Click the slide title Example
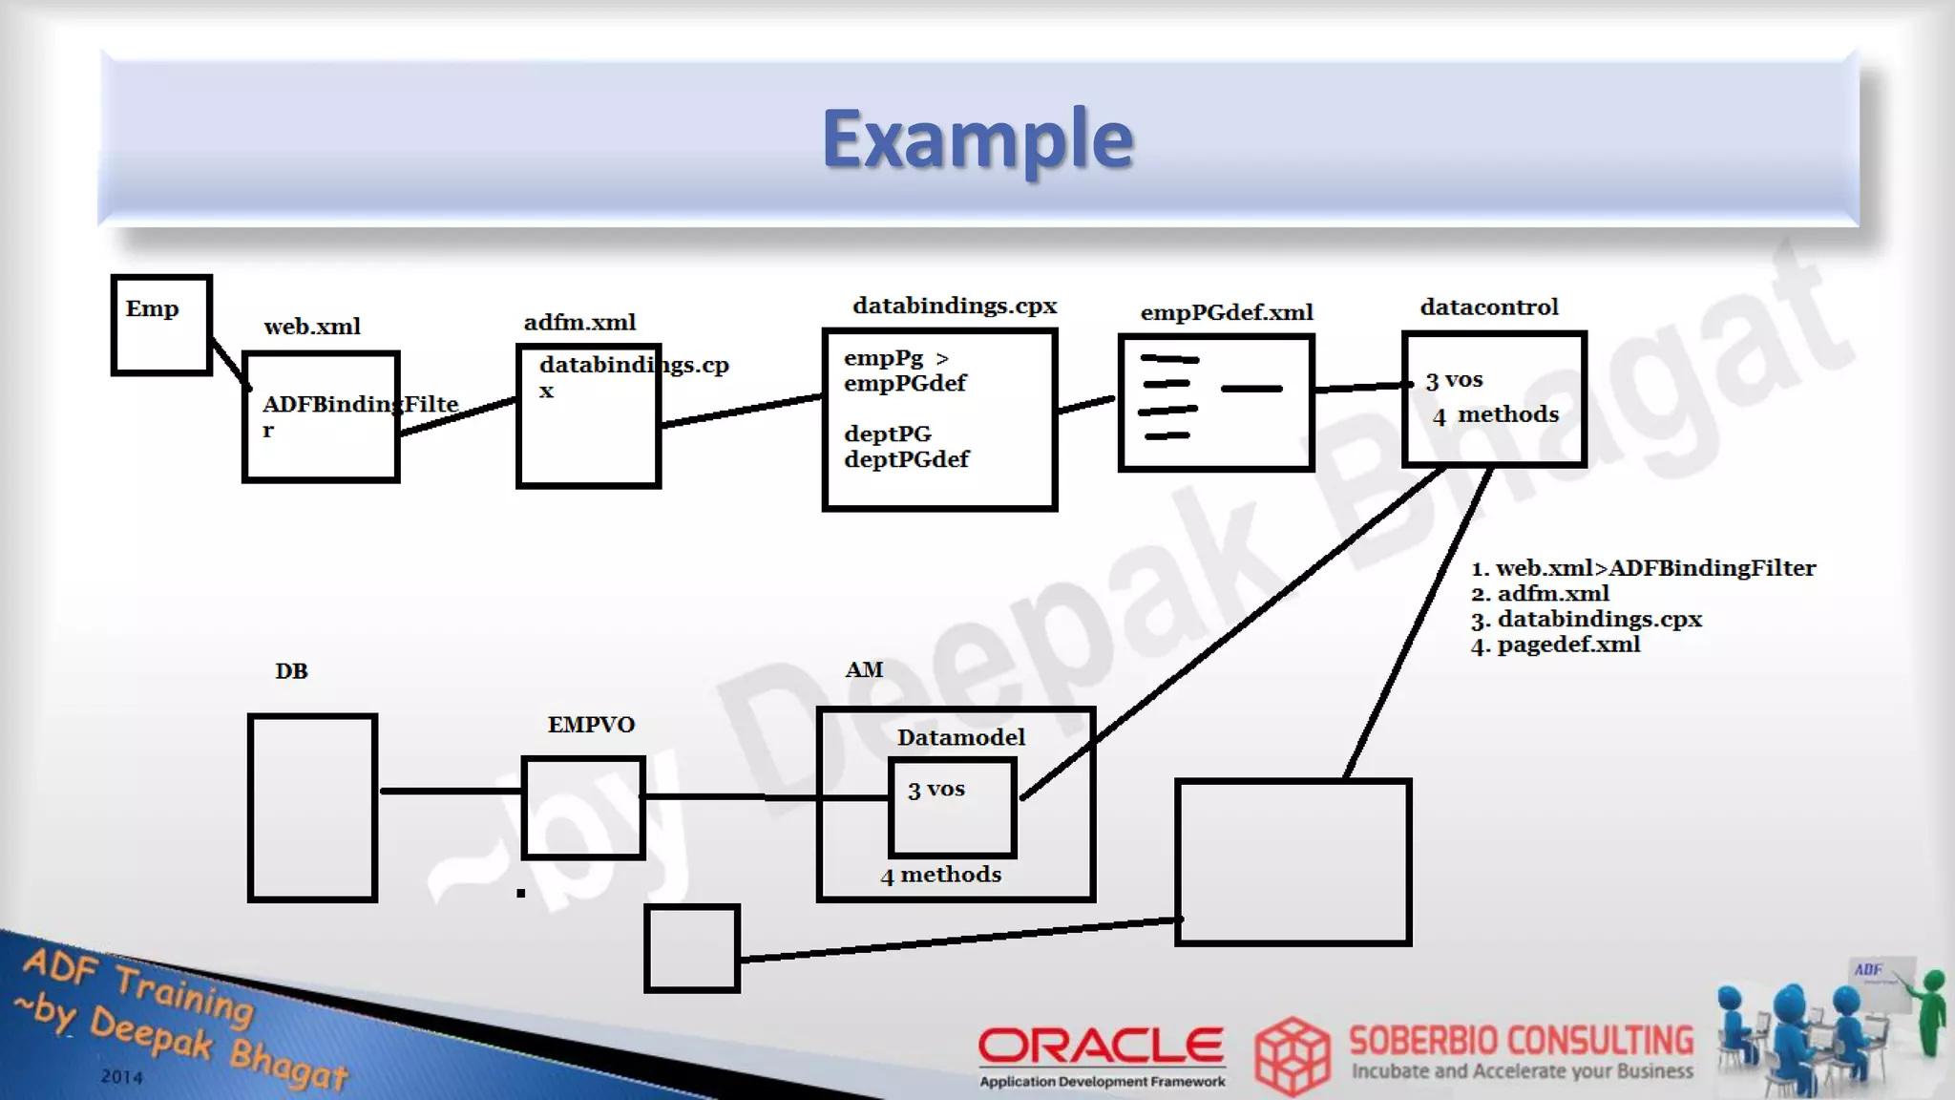(977, 138)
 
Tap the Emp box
(161, 325)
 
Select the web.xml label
(312, 327)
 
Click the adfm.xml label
(579, 323)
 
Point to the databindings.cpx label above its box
(955, 306)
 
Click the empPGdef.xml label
(1227, 312)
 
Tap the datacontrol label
(1489, 307)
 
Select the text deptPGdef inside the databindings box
(906, 459)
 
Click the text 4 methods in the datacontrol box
(1496, 414)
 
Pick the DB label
(291, 671)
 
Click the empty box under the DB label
(312, 808)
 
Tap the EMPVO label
(591, 725)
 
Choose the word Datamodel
(960, 737)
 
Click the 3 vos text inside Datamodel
(936, 790)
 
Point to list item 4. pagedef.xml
(1556, 645)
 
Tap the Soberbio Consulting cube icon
(1292, 1055)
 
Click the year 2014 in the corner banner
(121, 1077)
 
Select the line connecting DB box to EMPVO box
(451, 791)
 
